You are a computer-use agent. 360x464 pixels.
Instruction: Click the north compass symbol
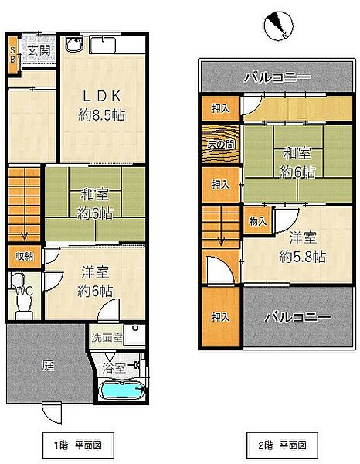(279, 26)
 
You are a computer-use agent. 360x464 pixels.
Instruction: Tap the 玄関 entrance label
(39, 51)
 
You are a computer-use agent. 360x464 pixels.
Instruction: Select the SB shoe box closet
(13, 55)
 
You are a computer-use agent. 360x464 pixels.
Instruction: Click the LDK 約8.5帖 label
(101, 106)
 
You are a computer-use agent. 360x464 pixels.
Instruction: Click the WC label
(24, 292)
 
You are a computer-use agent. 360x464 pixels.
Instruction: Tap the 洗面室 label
(107, 337)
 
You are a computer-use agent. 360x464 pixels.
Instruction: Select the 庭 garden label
(48, 366)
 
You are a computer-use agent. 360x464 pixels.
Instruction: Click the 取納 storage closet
(25, 257)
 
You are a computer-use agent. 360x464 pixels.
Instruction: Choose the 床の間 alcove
(221, 145)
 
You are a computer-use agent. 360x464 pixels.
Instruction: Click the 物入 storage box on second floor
(258, 220)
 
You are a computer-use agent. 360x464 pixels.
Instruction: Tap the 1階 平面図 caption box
(78, 445)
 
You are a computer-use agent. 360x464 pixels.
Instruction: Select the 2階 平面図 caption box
(282, 445)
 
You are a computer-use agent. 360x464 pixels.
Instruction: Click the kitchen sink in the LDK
(103, 45)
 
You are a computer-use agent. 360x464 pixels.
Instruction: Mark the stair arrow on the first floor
(25, 236)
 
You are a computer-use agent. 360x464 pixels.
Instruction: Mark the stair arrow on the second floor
(221, 241)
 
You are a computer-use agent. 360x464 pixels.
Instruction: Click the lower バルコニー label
(297, 318)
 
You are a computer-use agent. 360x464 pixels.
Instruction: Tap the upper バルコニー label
(277, 77)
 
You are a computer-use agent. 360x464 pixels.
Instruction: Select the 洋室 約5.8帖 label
(303, 247)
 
